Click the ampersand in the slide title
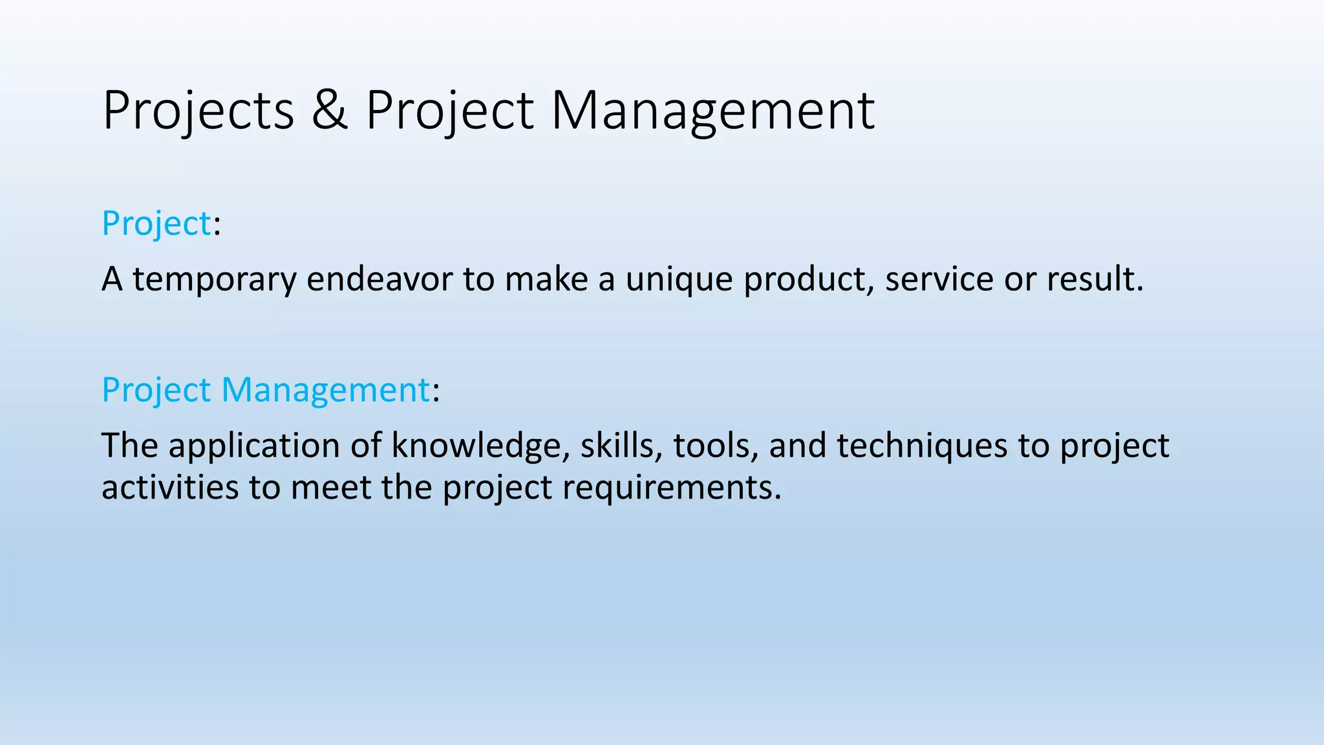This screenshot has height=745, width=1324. [330, 111]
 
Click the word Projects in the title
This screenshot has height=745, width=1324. [198, 111]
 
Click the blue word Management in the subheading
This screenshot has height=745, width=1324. [325, 390]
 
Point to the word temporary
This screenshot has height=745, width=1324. [215, 280]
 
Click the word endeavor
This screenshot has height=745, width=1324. [379, 279]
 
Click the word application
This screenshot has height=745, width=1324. [254, 446]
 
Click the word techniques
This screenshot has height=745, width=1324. [922, 446]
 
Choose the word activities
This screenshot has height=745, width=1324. [169, 487]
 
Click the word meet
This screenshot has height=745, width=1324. [330, 487]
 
